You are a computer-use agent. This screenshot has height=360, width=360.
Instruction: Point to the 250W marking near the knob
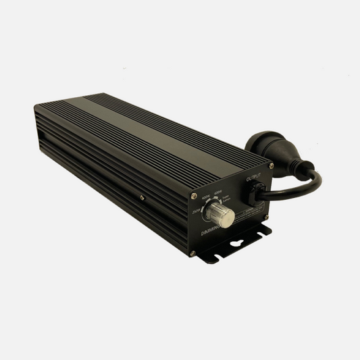click(197, 210)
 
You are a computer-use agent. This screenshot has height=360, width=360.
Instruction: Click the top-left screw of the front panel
click(194, 197)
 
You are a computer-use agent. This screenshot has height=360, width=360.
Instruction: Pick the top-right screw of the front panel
click(271, 165)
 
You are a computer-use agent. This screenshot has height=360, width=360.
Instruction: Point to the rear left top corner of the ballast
click(35, 107)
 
